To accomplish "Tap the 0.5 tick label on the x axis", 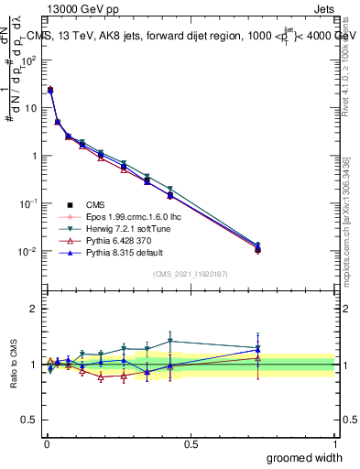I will coord(191,444).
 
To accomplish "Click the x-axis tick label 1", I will coord(334,444).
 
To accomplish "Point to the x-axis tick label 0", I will coord(46,444).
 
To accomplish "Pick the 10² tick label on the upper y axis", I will coord(28,60).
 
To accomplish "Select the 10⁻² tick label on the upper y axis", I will coord(28,251).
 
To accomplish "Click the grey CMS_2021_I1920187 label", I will coord(190,275).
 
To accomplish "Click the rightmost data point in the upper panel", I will coord(258,247).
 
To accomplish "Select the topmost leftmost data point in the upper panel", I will coord(49,90).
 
